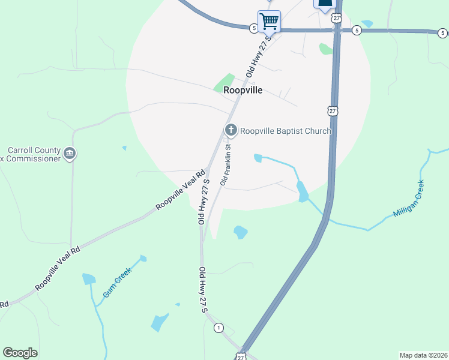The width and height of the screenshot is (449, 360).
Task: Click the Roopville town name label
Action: click(x=243, y=91)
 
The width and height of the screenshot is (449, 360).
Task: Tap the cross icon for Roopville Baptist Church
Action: click(x=231, y=130)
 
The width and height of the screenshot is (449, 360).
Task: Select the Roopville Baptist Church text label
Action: click(x=285, y=131)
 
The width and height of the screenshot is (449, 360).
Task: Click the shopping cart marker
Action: click(x=269, y=21)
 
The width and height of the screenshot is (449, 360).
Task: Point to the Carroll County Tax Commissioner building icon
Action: click(x=70, y=154)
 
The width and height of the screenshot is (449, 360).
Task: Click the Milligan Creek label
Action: click(x=409, y=199)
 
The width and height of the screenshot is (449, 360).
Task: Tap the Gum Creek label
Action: click(x=117, y=282)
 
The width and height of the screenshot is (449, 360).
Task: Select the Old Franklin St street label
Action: click(x=226, y=164)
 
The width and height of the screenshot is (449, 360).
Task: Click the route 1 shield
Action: click(x=218, y=328)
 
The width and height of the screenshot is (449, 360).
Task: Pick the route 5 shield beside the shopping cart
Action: click(x=254, y=28)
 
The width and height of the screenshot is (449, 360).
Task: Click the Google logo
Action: click(x=20, y=353)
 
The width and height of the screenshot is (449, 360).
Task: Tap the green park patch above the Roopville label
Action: click(x=224, y=83)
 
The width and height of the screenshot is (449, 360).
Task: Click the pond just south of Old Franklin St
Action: click(x=241, y=232)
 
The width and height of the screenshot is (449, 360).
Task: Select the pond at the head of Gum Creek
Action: click(x=89, y=278)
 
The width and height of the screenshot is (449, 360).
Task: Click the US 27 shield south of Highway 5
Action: click(x=333, y=110)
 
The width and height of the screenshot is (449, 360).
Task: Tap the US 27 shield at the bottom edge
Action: click(x=241, y=357)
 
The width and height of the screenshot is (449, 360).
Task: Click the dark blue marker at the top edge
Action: click(x=325, y=3)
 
